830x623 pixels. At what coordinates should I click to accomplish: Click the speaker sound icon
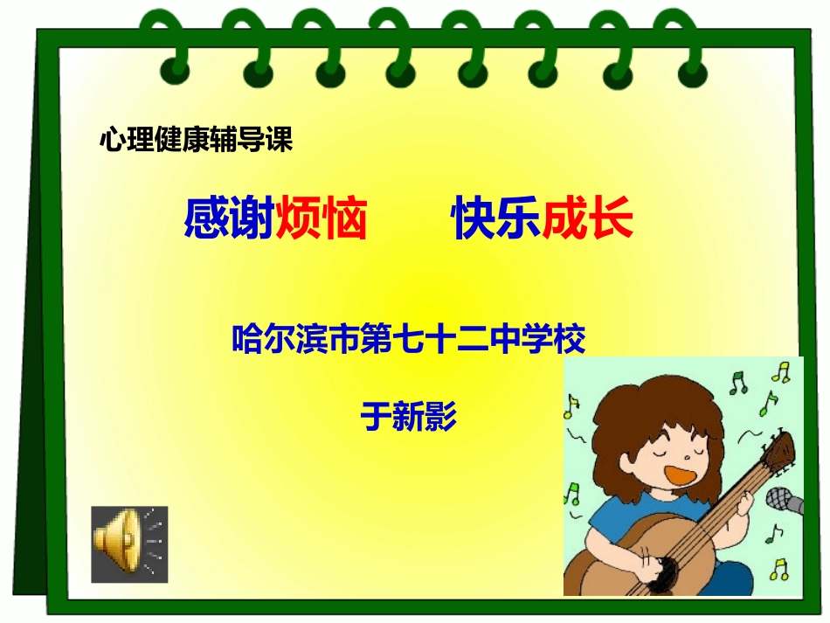pos(128,543)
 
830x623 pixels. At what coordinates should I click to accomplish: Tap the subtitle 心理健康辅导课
pos(196,140)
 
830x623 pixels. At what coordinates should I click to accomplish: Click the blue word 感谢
pos(229,220)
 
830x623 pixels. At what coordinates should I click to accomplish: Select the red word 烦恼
pos(321,220)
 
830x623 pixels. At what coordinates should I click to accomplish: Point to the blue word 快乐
pos(495,220)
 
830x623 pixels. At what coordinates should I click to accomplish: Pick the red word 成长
pos(587,220)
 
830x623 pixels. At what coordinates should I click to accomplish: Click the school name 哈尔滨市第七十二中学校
pos(408,338)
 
